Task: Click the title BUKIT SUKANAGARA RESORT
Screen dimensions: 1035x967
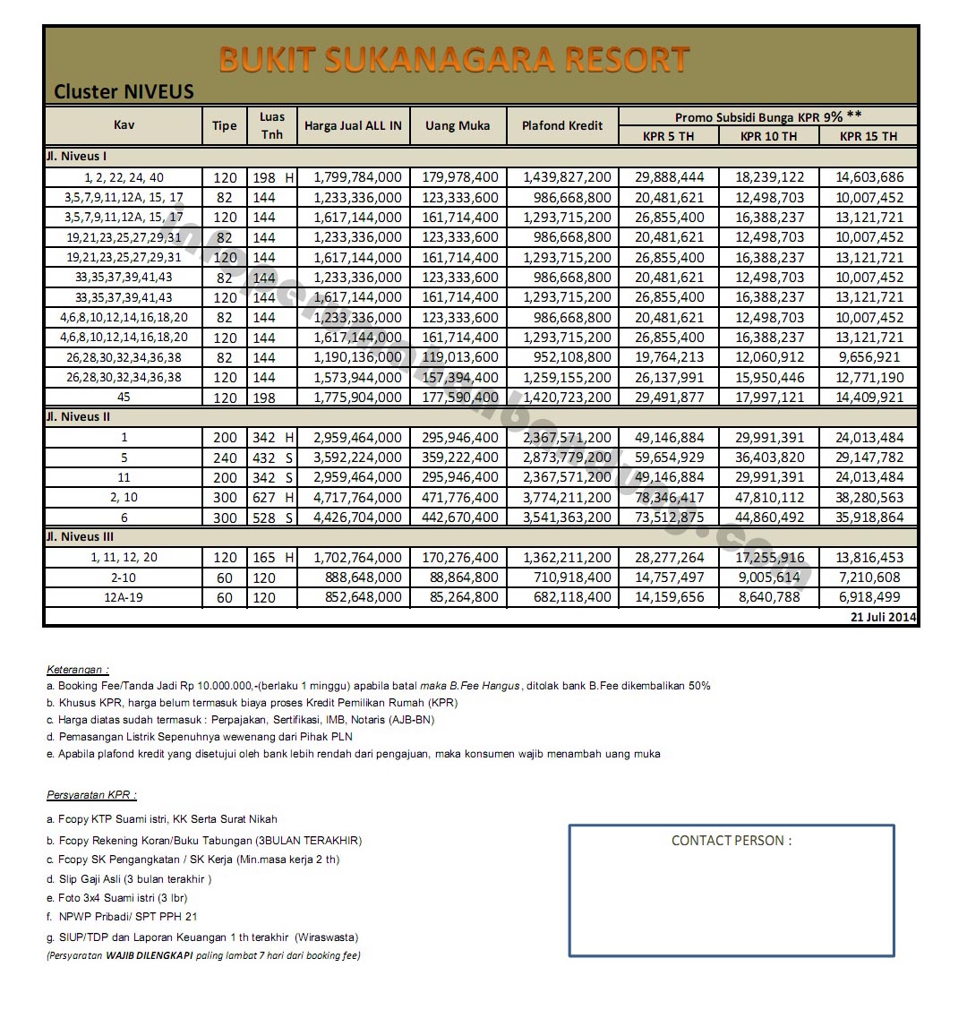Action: [x=454, y=60]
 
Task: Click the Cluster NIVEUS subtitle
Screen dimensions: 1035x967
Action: [x=124, y=91]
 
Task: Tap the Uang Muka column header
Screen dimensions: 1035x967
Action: [x=458, y=126]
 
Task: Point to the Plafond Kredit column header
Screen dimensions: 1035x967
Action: [x=562, y=126]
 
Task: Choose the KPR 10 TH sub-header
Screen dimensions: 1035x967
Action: [x=768, y=136]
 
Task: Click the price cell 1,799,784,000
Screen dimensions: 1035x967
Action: [x=357, y=177]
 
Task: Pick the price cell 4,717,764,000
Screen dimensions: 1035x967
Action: [x=357, y=498]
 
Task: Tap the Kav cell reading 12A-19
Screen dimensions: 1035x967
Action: [x=124, y=597]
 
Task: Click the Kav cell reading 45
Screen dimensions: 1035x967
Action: [x=124, y=398]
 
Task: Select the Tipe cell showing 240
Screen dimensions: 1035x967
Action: [x=226, y=458]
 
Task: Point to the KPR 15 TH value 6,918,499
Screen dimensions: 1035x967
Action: [x=869, y=597]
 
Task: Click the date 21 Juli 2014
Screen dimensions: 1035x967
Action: [x=883, y=617]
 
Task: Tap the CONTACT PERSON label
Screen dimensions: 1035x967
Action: [x=732, y=841]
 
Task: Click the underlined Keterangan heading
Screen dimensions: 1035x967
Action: [x=78, y=669]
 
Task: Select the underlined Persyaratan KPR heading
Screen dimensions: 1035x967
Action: [x=91, y=795]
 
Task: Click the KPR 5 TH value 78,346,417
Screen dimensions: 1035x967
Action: [x=669, y=498]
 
